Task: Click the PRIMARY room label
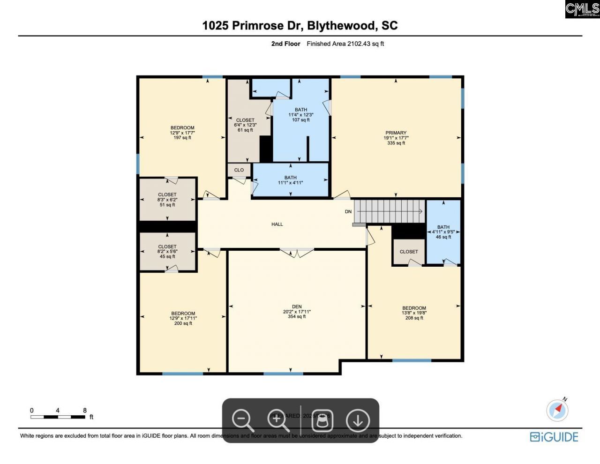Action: (x=396, y=133)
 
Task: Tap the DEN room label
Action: (x=297, y=307)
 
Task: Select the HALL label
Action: (x=277, y=225)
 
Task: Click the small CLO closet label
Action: (x=239, y=170)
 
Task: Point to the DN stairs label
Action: (x=348, y=212)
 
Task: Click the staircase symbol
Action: (x=389, y=211)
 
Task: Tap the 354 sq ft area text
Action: (x=297, y=317)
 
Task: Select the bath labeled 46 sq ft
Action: (x=443, y=232)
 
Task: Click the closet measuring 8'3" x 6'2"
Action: (x=167, y=200)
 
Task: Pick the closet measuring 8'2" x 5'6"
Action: (x=167, y=252)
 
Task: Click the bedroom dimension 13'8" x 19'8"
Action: (x=414, y=313)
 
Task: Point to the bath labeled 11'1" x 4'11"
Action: (x=290, y=180)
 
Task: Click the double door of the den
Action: (x=297, y=253)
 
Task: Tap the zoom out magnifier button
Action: (x=243, y=420)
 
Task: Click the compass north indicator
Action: (x=558, y=410)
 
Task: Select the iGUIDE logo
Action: (x=554, y=437)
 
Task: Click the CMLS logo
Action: (x=582, y=9)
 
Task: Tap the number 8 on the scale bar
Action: (x=85, y=411)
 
